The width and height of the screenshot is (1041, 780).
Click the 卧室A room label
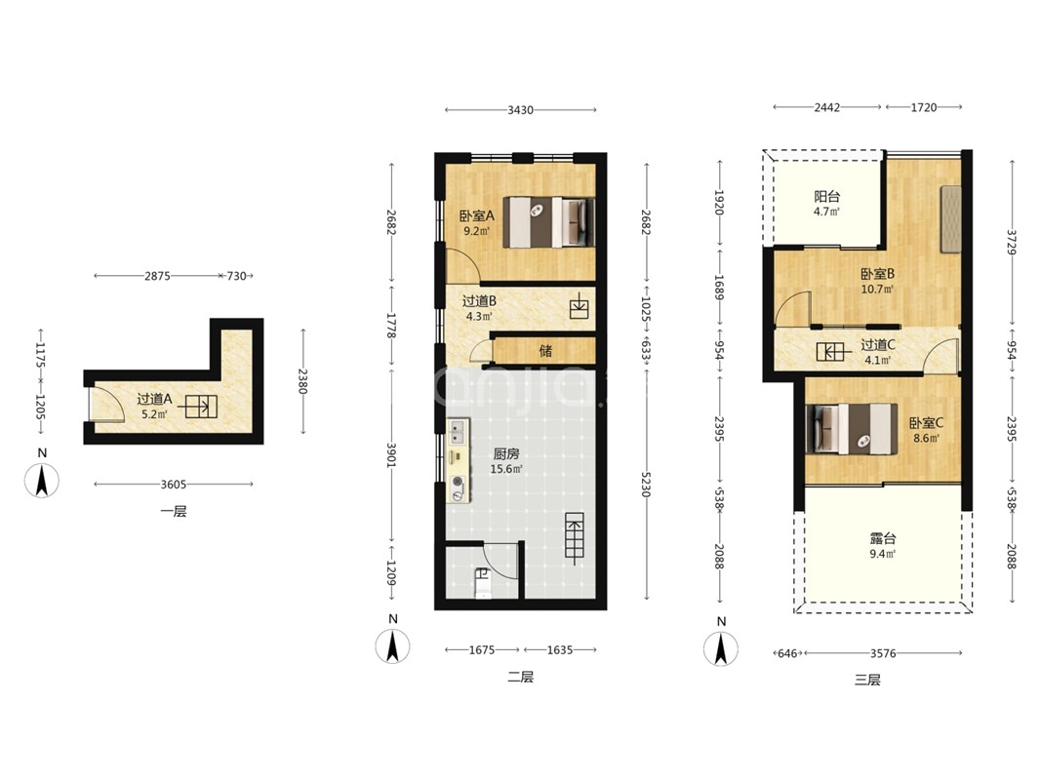coord(477,215)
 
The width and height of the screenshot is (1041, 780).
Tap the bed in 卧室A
coord(548,222)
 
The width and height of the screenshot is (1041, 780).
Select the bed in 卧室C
coord(852,429)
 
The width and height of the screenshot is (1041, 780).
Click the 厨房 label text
coord(506,454)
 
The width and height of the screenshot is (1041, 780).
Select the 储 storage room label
coord(545,350)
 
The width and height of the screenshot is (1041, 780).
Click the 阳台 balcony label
coord(826,196)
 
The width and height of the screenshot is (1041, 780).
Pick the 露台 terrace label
coord(883,538)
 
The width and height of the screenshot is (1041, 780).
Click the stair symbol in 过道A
coord(201,406)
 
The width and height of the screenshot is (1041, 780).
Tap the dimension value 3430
coord(521,110)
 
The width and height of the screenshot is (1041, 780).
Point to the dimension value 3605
coord(174,485)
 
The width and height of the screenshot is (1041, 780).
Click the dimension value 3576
coord(883,653)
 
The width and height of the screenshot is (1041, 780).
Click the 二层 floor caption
coord(521,678)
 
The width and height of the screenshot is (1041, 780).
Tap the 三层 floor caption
coord(867,680)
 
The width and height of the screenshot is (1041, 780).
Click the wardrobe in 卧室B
coord(950,218)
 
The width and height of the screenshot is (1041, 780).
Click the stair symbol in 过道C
coord(830,352)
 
